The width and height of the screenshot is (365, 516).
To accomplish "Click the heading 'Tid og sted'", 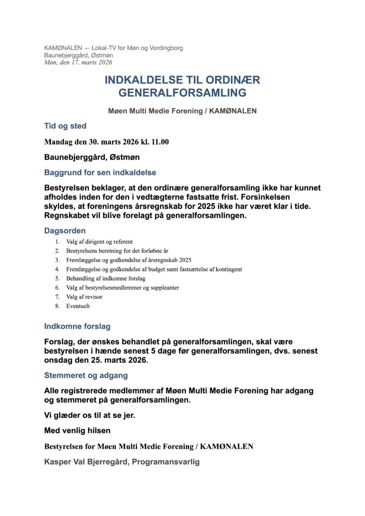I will [x=65, y=126].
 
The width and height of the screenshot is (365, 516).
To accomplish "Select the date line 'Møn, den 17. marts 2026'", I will [x=78, y=62].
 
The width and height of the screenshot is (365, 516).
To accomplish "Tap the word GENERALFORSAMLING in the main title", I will [x=182, y=93].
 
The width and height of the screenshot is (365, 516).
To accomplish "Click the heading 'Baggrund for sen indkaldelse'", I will [x=100, y=172].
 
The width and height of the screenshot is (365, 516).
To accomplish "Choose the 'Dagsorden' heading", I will [x=65, y=231].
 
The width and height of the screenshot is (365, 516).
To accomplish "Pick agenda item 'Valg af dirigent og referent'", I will [x=99, y=241].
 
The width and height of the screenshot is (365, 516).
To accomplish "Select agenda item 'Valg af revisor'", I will [x=84, y=297].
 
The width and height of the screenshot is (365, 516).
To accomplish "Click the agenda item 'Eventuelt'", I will [x=78, y=306].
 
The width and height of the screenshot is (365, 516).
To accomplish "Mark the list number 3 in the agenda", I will [x=57, y=260].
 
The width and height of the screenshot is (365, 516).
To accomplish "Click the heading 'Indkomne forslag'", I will [x=77, y=326].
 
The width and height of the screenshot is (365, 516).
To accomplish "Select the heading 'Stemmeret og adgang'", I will [x=86, y=375].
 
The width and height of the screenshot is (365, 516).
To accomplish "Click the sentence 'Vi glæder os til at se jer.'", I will [x=90, y=416].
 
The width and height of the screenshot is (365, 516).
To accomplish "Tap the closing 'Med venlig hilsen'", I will [x=77, y=431].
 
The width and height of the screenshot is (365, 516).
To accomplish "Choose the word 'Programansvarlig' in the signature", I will [x=166, y=462].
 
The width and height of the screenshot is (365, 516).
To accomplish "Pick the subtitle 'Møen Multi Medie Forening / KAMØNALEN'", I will [x=182, y=111].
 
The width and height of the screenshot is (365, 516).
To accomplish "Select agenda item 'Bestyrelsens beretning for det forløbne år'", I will [x=118, y=250].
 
